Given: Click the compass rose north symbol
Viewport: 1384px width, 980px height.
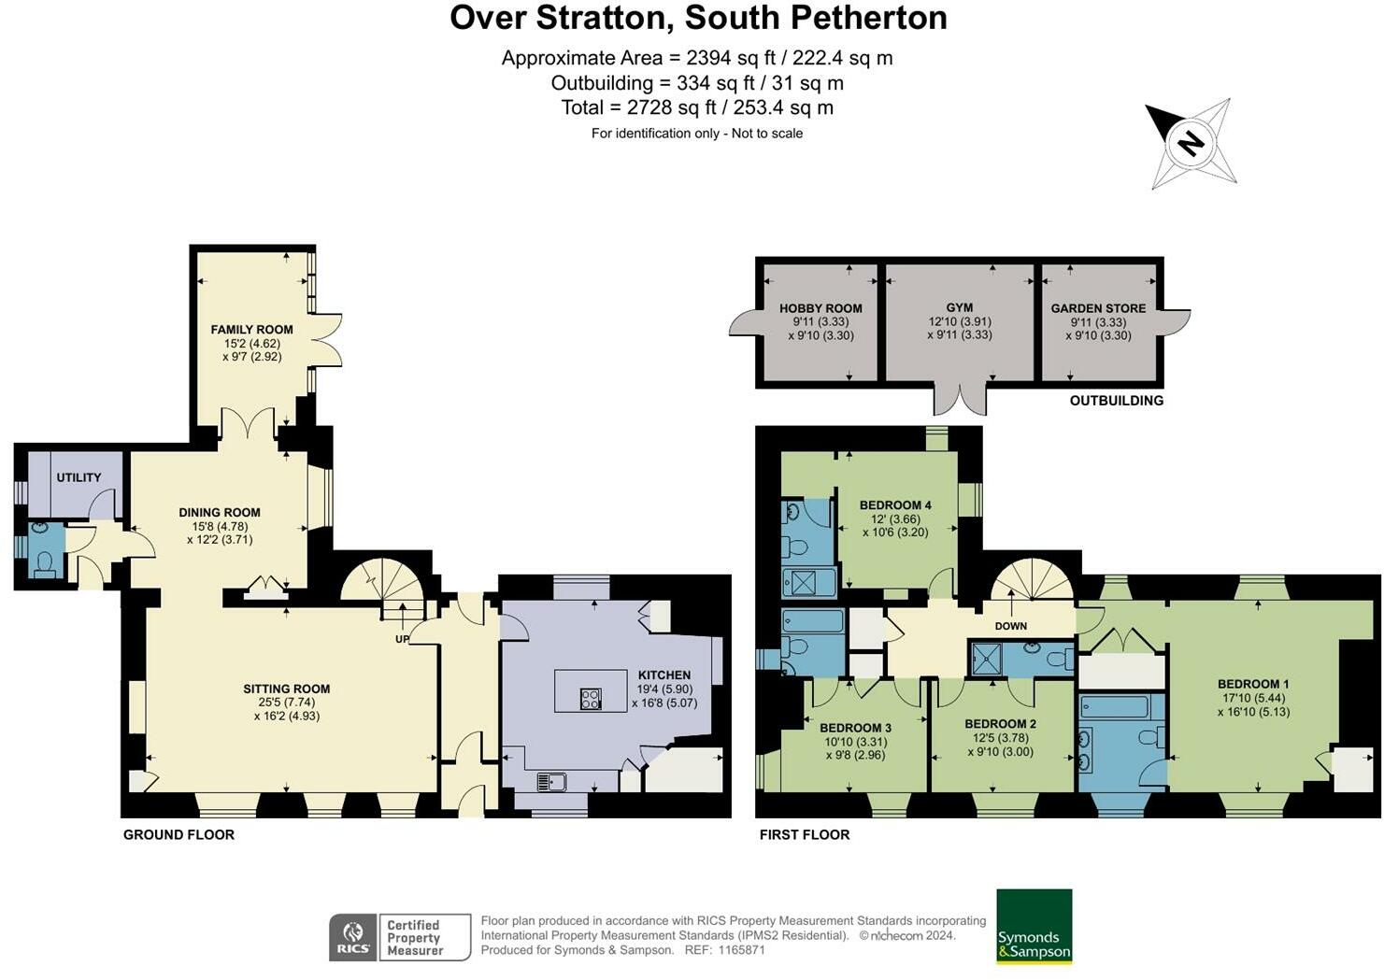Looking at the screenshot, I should (x=1190, y=143).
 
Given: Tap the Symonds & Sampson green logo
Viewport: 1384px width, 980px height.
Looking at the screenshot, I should (x=1034, y=926).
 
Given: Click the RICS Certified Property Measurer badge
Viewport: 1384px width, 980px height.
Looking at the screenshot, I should (x=399, y=937).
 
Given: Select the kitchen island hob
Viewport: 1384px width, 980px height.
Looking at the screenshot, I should (x=591, y=698).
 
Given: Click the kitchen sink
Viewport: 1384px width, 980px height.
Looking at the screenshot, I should (x=551, y=781).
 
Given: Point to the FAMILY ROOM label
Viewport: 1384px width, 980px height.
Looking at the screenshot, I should (x=251, y=329).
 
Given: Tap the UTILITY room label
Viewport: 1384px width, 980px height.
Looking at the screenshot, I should (x=78, y=477).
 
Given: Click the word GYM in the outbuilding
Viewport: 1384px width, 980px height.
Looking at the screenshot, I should (x=959, y=307).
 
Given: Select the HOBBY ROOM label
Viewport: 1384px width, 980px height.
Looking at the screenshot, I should (x=820, y=308).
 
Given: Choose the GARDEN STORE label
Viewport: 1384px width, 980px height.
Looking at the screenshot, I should (x=1098, y=308).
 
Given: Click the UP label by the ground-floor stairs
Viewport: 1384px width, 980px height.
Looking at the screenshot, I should (x=402, y=639).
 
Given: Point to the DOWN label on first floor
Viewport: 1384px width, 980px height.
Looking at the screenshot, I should (x=1010, y=626).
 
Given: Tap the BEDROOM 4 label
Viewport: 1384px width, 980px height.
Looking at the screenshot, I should (x=894, y=505).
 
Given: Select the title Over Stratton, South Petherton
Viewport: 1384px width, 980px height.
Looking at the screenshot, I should (x=698, y=18).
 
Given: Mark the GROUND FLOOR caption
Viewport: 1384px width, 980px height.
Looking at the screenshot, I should (x=178, y=834).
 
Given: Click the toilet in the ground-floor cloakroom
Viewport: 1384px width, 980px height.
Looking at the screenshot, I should (x=43, y=561).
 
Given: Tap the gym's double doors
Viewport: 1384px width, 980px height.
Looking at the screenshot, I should (x=960, y=399).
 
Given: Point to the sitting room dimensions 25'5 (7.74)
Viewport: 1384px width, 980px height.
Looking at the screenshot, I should (x=286, y=703).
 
